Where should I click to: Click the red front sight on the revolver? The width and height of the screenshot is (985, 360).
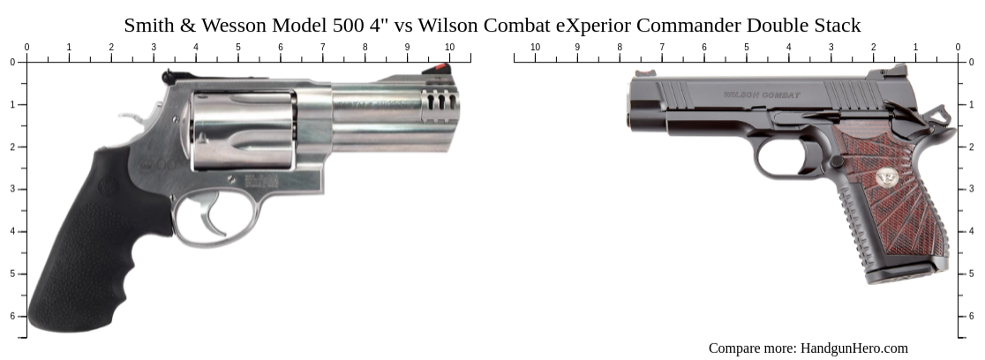point(439,68)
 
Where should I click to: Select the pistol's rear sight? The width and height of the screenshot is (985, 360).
point(899,71)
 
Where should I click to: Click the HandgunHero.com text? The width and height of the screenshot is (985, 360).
point(853,348)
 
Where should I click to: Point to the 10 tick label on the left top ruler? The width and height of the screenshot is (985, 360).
point(450,47)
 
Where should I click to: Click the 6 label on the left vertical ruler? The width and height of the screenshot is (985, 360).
point(11,316)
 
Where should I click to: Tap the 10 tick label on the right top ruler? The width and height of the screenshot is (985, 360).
point(535,47)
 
